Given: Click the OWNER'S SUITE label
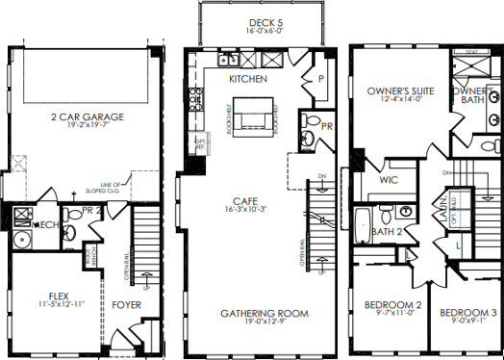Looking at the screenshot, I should [x=401, y=91].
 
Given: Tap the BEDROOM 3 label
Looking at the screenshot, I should [x=468, y=314].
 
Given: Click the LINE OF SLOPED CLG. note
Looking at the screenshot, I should [x=103, y=188].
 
